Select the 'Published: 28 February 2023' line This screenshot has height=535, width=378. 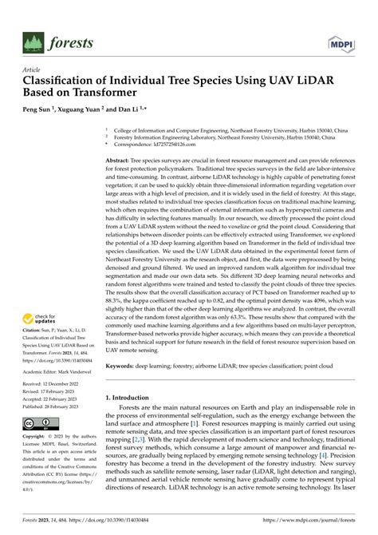point(53,406)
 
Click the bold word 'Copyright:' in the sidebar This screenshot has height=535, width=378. point(35,438)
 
